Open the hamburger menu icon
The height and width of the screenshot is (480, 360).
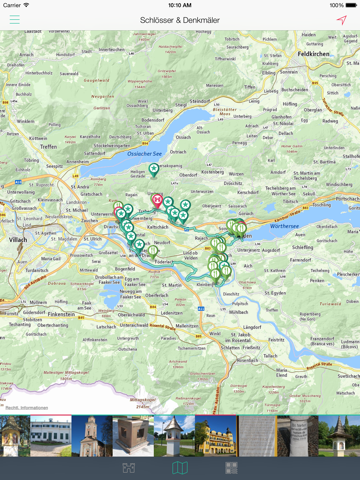point(14,20)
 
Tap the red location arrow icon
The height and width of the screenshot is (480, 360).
point(342,20)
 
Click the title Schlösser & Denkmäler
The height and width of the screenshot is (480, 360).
point(180,20)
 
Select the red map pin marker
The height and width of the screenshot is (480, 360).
point(158,200)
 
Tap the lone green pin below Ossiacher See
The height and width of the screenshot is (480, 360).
point(154,170)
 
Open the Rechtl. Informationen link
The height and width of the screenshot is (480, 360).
point(26,408)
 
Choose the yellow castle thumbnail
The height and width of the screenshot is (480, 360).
point(216,436)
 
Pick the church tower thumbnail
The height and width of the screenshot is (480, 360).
point(91,436)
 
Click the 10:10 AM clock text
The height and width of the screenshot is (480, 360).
point(180,5)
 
